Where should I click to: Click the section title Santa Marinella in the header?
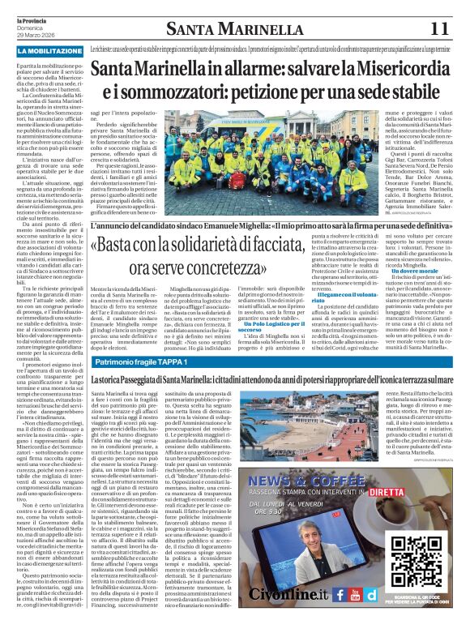click(x=228, y=29)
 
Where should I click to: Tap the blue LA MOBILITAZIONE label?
click(x=49, y=51)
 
